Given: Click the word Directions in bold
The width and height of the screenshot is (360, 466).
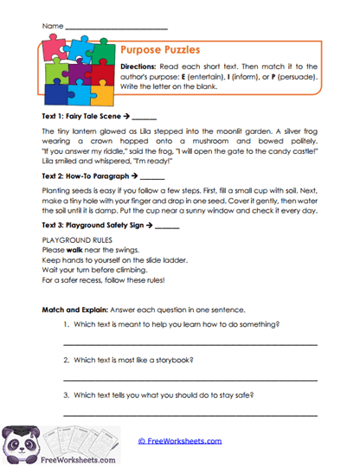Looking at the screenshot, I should (138, 66).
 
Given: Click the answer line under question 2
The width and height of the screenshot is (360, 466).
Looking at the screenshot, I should (190, 380).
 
